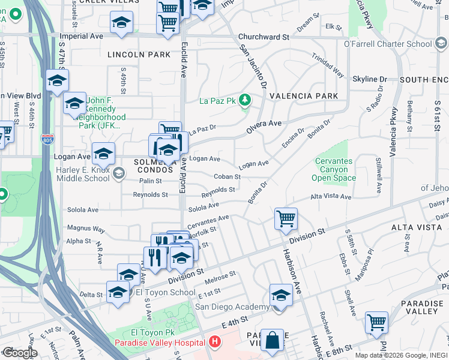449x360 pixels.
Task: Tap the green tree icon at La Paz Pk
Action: point(244,100)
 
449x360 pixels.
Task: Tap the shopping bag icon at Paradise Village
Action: point(272,340)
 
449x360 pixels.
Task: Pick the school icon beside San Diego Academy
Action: point(280,295)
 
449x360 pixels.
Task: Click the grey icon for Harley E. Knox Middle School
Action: point(119,173)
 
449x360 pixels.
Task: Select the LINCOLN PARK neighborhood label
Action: point(139,55)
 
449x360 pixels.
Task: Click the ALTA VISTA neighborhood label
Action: point(408,227)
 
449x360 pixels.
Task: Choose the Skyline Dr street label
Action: point(369,79)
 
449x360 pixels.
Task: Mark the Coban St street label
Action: point(227,177)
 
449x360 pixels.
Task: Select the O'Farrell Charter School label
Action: point(387,44)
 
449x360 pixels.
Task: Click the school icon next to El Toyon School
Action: point(118,293)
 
